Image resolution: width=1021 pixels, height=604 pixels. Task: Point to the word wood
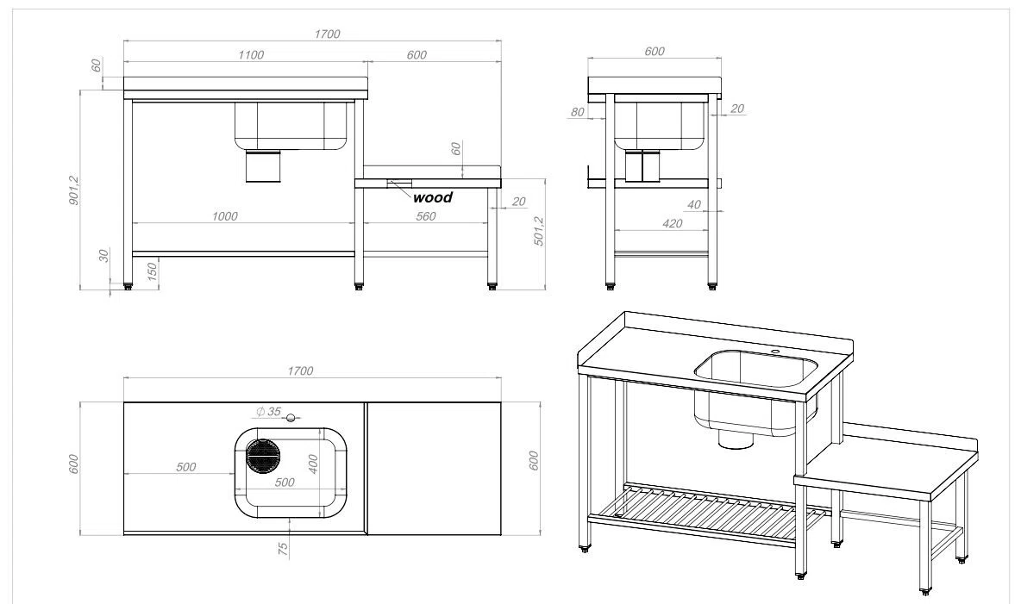coord(432,197)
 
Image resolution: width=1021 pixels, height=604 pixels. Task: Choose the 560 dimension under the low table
coord(425,216)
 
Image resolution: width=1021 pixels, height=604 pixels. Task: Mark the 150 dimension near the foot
coord(152,272)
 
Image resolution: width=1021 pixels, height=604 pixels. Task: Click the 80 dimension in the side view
coord(578,112)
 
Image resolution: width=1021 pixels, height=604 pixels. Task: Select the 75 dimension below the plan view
coord(283,549)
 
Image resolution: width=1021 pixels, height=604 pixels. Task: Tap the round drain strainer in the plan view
coord(262,456)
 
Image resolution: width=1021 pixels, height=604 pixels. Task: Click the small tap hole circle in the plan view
coord(291,419)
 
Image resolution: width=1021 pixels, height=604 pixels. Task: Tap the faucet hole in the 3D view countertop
coord(774,352)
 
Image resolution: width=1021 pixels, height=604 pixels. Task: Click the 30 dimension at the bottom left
coord(103,256)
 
